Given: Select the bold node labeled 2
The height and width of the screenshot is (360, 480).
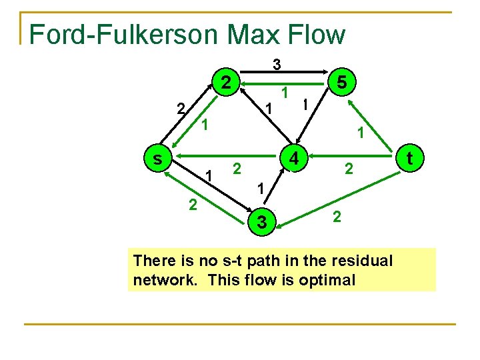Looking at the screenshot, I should [x=227, y=83].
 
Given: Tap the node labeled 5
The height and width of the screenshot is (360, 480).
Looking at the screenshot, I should [x=341, y=83].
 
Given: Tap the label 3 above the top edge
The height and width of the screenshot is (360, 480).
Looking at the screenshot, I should [x=277, y=64].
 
